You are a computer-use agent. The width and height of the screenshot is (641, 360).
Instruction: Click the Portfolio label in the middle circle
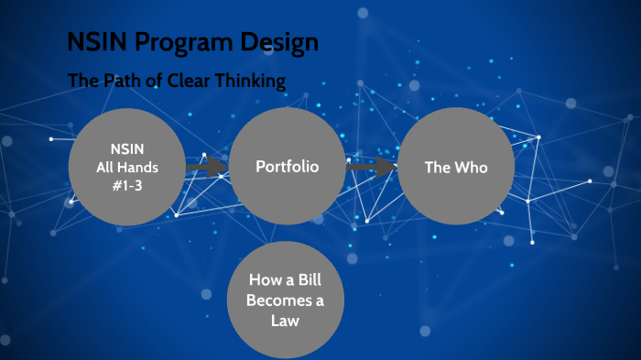287,168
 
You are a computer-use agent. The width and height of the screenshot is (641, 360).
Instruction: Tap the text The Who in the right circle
456,168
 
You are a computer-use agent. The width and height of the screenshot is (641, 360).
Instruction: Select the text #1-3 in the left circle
126,183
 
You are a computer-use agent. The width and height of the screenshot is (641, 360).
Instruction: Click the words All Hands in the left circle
126,167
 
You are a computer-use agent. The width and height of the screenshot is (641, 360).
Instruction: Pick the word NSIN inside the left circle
126,150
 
